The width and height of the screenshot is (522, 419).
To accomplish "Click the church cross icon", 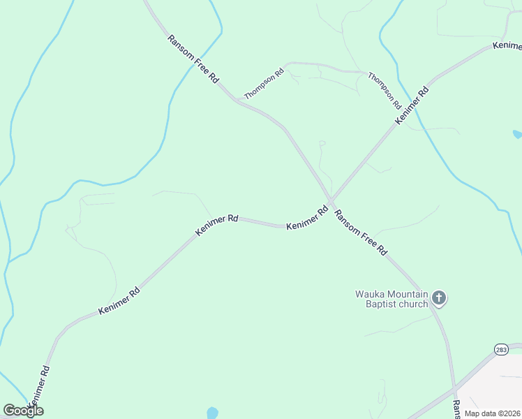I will (x=439, y=298).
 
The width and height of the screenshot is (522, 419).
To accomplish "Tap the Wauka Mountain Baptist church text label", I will (x=391, y=298).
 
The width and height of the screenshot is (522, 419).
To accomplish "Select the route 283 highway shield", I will (x=501, y=348).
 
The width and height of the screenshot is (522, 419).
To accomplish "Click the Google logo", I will (x=23, y=411).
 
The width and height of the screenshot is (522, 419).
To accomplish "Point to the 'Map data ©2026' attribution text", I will (x=492, y=413).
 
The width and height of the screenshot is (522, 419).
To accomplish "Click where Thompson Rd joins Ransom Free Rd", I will (x=237, y=100).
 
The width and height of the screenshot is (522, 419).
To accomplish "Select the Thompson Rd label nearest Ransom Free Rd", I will (x=264, y=83).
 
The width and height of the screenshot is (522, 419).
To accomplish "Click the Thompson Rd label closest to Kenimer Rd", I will (x=385, y=91).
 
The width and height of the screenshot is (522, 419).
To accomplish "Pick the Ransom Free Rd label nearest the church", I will (x=361, y=232).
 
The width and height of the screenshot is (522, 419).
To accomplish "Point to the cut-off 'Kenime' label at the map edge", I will (x=507, y=46).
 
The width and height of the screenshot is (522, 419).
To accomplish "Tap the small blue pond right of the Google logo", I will (x=212, y=412).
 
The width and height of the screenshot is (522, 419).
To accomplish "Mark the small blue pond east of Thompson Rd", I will (x=517, y=133).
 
